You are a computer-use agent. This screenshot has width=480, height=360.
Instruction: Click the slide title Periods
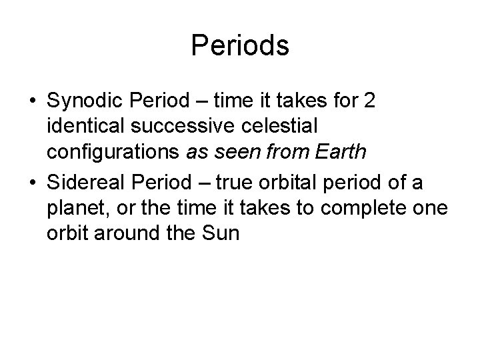tap(240, 46)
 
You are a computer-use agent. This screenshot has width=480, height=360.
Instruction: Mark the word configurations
tap(113, 152)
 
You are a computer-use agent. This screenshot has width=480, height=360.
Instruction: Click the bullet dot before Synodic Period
tap(33, 102)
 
